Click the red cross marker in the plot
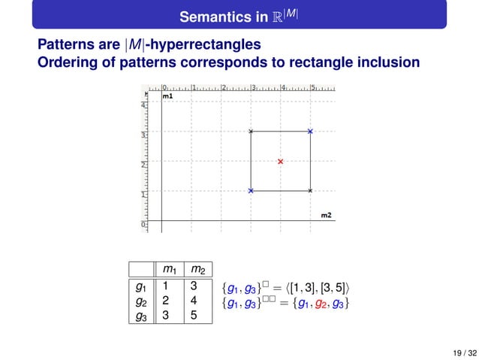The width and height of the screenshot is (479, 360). click(281, 162)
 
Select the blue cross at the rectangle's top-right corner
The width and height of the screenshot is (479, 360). click(310, 132)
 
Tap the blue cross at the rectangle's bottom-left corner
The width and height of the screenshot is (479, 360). click(251, 191)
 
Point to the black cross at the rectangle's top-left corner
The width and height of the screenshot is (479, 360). click(251, 132)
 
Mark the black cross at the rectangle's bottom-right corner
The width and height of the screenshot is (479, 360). click(310, 191)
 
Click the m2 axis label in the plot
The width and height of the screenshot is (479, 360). click(327, 216)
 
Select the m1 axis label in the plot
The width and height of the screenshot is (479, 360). click(167, 97)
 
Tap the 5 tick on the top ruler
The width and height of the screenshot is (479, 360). click(312, 88)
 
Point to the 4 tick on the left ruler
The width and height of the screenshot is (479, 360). click(143, 105)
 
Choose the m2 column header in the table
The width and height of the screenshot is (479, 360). click(198, 270)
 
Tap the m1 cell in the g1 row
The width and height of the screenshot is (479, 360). click(167, 286)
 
